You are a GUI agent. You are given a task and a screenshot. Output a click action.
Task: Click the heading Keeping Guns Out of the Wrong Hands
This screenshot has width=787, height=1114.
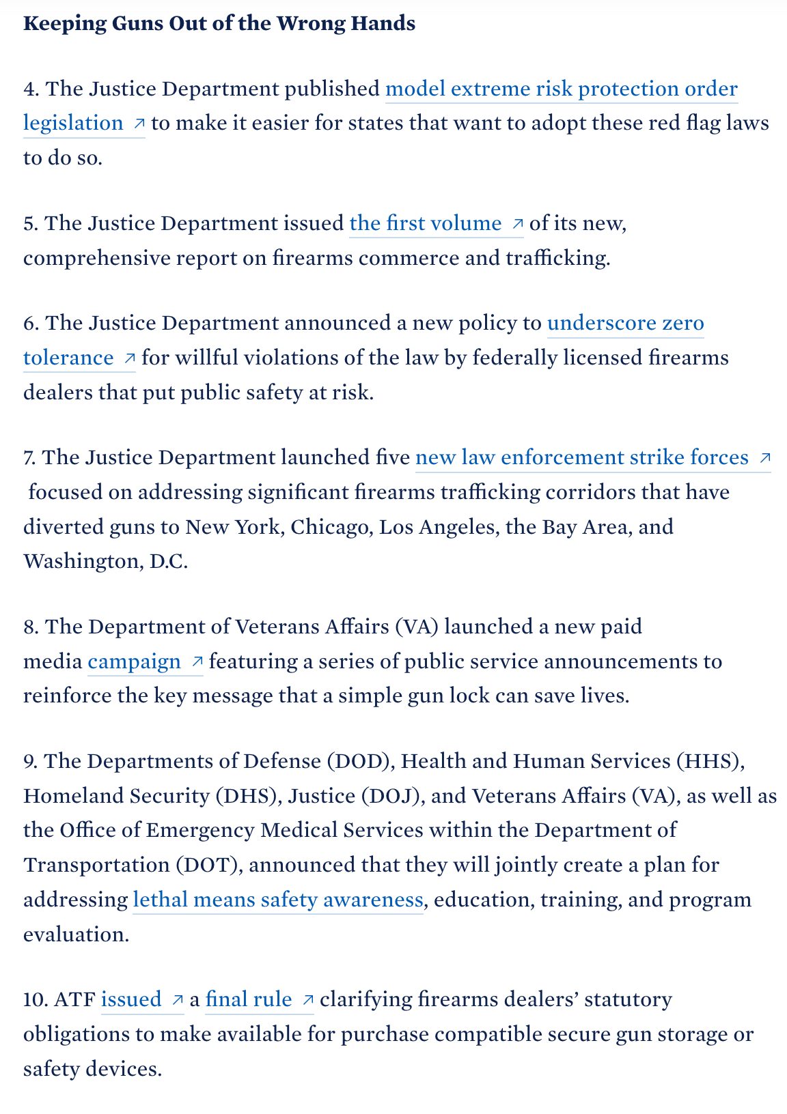tap(219, 23)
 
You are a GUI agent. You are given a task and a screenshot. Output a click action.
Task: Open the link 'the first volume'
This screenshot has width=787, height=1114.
tap(425, 223)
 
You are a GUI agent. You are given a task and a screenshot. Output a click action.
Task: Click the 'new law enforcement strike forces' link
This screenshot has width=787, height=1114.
tap(581, 457)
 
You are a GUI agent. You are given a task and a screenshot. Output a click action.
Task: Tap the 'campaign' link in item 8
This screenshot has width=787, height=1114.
tap(134, 661)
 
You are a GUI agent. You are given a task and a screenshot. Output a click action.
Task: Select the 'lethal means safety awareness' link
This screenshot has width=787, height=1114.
tap(277, 900)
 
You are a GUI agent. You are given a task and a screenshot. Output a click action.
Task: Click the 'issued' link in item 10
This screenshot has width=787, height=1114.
tap(131, 999)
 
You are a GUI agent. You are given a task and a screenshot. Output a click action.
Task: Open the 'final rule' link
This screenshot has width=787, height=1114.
tap(249, 999)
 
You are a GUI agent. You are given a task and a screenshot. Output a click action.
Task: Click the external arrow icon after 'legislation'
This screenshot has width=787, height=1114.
tap(139, 124)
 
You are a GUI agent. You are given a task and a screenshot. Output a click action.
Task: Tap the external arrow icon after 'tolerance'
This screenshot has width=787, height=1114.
tap(129, 358)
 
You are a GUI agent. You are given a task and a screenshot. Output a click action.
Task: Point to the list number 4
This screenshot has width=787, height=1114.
tap(31, 89)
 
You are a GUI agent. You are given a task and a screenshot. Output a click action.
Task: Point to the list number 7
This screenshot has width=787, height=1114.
tap(29, 457)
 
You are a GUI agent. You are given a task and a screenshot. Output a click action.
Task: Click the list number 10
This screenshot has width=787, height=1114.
tap(35, 999)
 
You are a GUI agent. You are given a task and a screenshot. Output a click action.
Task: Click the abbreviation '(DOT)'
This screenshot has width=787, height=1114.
tap(208, 865)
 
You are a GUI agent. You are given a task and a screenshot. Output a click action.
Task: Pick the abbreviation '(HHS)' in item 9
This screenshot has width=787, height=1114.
tap(708, 761)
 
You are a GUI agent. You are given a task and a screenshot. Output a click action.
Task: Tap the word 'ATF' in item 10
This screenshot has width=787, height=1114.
tap(74, 999)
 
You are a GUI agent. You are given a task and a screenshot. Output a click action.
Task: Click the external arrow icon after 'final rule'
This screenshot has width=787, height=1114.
tap(307, 1000)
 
